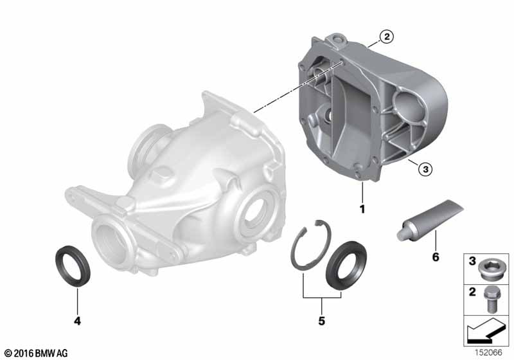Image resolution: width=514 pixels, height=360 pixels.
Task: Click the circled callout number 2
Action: coord(387,37)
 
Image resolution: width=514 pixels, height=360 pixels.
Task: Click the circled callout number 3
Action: coord(425,169)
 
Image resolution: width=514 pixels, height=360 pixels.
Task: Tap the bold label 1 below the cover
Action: coord(362,209)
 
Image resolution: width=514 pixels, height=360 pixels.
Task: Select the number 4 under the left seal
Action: coord(77,321)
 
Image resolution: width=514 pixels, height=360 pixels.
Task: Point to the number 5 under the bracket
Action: coord(322,321)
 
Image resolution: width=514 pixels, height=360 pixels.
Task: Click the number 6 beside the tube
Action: coord(436,257)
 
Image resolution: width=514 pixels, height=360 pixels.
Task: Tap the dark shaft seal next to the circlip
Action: coord(346,265)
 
